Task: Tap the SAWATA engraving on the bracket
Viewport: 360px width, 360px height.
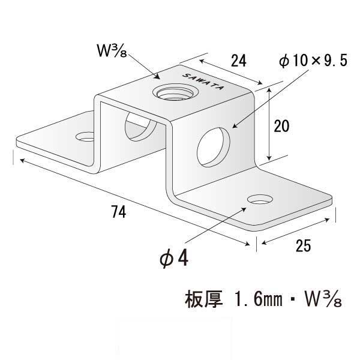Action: [203, 82]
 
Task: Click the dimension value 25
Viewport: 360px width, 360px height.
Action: [303, 245]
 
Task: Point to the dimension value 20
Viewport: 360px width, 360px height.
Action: [281, 126]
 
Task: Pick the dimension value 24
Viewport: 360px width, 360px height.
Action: [239, 61]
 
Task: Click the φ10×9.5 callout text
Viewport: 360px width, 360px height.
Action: [313, 61]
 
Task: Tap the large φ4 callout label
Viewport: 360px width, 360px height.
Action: [174, 259]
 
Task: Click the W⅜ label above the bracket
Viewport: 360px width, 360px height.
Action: [112, 50]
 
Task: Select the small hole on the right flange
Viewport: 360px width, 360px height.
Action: [260, 199]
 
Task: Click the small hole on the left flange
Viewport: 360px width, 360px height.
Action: [85, 137]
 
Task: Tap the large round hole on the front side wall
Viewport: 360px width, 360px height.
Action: [213, 148]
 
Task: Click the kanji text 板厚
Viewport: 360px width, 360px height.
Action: [204, 299]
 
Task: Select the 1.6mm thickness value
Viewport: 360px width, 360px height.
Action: [259, 299]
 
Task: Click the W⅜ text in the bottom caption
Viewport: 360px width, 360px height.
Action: [323, 299]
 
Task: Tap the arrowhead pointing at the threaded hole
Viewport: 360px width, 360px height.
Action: [157, 76]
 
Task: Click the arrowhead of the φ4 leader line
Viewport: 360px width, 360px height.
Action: [244, 209]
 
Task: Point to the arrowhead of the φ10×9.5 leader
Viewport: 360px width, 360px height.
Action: [235, 126]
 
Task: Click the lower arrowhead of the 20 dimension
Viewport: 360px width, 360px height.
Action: [269, 157]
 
